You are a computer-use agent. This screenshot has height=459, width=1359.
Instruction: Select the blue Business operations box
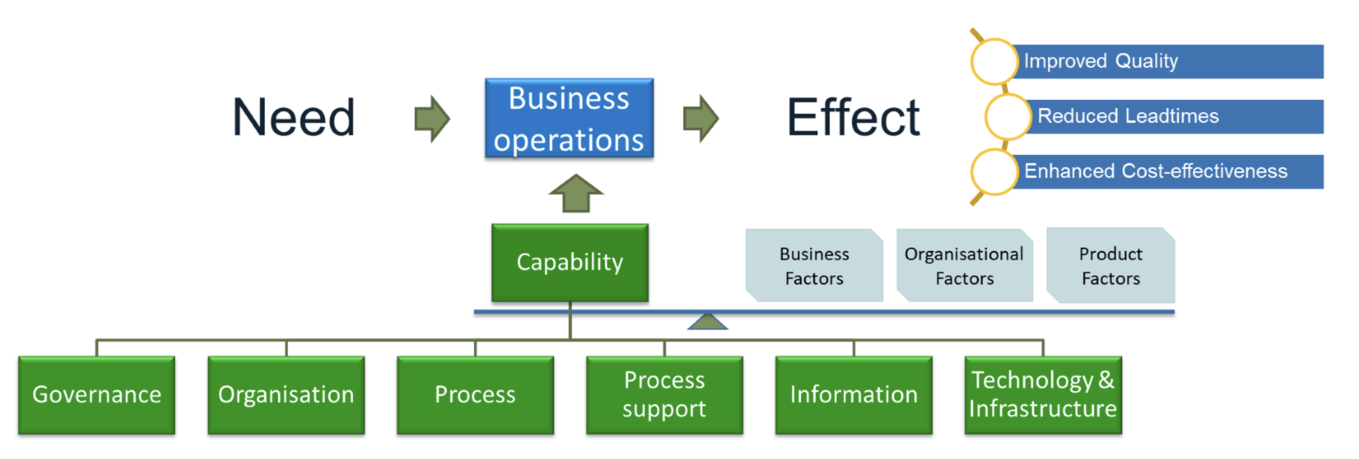coord(569,118)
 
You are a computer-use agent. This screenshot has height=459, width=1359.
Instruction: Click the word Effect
coord(853,117)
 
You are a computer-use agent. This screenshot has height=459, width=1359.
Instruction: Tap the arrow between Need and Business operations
coord(432,118)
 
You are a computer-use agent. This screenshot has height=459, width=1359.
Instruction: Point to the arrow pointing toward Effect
coord(700,118)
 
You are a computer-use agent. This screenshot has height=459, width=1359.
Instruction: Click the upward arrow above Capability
coord(575,194)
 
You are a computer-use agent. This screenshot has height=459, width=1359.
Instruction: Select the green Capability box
coord(570,262)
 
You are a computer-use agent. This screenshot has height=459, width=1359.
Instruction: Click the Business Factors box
coord(814,265)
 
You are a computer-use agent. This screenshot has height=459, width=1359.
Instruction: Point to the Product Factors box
coord(1111,265)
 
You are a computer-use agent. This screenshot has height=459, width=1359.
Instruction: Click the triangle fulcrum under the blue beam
coord(707,321)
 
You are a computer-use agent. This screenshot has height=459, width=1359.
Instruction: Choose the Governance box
coord(96,394)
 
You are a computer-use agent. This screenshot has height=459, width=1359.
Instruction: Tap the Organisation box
coord(286,394)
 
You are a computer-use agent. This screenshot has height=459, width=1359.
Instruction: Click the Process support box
coord(664,394)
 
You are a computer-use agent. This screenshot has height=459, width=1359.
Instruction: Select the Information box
coord(853,394)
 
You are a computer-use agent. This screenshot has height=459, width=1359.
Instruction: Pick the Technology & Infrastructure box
coord(1043,394)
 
